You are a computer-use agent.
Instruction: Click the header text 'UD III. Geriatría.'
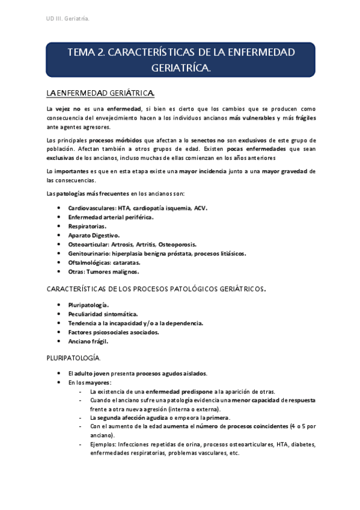click(68, 19)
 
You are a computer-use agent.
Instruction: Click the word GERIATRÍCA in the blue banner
click(180, 69)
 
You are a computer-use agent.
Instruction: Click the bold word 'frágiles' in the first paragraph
click(304, 118)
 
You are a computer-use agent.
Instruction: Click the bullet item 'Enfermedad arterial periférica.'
click(111, 217)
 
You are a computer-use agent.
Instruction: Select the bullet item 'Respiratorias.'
click(87, 226)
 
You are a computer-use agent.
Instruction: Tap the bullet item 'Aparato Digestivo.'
click(94, 235)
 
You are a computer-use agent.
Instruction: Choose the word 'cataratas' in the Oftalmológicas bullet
click(139, 262)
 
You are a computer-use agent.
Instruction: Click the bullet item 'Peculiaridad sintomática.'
click(103, 314)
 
